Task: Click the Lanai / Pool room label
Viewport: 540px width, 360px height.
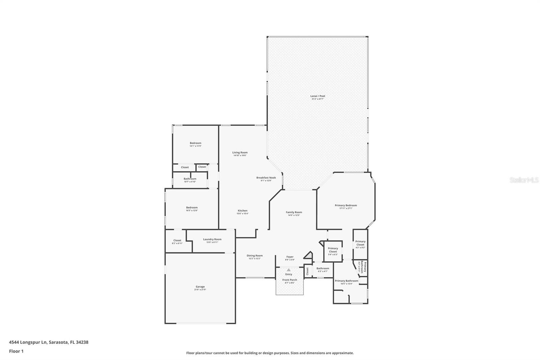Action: (x=318, y=96)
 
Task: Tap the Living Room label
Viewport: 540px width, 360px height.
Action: (x=240, y=153)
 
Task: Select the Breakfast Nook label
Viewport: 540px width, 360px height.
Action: (x=266, y=178)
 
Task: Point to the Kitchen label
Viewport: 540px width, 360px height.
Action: (x=242, y=211)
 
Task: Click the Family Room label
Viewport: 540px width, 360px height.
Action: (x=294, y=212)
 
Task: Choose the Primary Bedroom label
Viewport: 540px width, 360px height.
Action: (x=346, y=205)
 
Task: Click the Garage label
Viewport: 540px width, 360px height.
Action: (x=200, y=287)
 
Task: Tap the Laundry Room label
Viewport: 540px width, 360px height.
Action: (x=212, y=239)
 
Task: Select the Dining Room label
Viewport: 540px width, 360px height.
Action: (x=254, y=256)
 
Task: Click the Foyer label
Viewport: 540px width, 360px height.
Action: (x=290, y=257)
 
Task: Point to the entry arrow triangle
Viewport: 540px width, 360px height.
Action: (x=289, y=270)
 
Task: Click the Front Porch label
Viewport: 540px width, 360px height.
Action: (x=290, y=280)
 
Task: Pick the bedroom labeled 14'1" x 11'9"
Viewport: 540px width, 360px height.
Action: (x=195, y=143)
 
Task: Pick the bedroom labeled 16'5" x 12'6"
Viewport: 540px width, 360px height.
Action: (x=192, y=208)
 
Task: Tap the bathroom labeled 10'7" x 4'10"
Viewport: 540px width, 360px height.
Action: (x=190, y=179)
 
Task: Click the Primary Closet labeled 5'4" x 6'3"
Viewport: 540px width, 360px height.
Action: (x=333, y=250)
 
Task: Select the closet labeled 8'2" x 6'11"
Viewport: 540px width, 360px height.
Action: (x=177, y=240)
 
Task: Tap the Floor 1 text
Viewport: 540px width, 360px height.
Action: (x=16, y=351)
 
